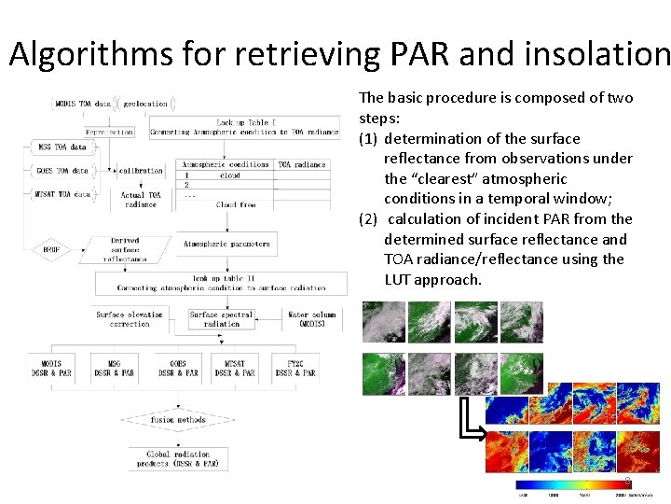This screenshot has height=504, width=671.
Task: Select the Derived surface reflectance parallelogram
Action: (x=125, y=250)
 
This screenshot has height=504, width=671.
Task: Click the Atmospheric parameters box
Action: (x=226, y=245)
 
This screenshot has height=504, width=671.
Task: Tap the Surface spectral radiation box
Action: (x=221, y=319)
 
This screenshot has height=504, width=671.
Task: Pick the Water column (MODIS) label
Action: (x=312, y=319)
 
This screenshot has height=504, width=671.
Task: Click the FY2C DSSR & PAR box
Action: (x=295, y=367)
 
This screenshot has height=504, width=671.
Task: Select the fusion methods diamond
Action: (x=177, y=420)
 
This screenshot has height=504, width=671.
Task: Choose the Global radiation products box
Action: (x=177, y=458)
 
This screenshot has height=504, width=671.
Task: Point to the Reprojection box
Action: (x=109, y=133)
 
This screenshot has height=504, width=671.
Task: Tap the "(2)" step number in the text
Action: (x=369, y=218)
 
